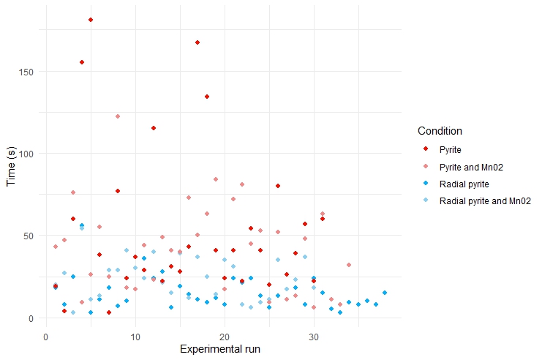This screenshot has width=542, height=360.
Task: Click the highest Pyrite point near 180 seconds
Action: (90, 20)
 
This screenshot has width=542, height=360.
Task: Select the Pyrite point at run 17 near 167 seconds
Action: (197, 42)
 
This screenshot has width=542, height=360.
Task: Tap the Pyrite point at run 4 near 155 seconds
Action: (82, 62)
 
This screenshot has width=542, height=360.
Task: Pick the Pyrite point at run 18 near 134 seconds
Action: (207, 97)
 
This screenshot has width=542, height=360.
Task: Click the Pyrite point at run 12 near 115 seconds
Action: (153, 128)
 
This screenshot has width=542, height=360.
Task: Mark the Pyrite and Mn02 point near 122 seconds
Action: (117, 116)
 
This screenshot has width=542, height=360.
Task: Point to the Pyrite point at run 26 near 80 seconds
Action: (278, 186)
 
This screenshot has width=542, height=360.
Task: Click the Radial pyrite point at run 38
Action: (385, 293)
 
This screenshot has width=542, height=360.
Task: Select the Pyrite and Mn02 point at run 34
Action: (349, 265)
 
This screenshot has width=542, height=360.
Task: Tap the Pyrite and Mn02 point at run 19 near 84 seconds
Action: (216, 179)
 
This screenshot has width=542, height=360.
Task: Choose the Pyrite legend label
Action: (451, 150)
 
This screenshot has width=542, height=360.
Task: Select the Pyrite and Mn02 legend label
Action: (470, 167)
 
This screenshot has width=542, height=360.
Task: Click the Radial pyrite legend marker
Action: (425, 184)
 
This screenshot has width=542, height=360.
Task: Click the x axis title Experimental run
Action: (220, 349)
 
